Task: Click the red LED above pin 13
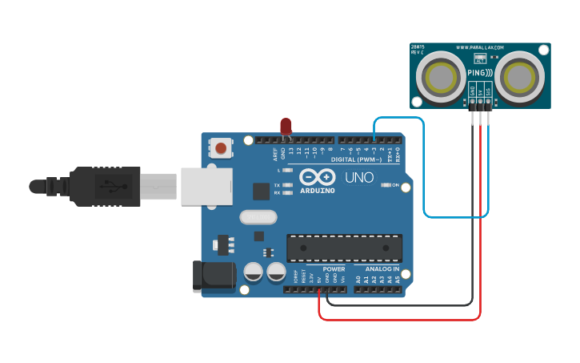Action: [x=286, y=126]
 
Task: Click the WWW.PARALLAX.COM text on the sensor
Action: [x=480, y=47]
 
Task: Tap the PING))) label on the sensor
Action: [x=480, y=73]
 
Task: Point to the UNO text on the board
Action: [x=359, y=176]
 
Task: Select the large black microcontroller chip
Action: [x=344, y=248]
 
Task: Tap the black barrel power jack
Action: [x=214, y=276]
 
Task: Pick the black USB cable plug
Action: [x=104, y=186]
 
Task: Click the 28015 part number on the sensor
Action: [x=418, y=47]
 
